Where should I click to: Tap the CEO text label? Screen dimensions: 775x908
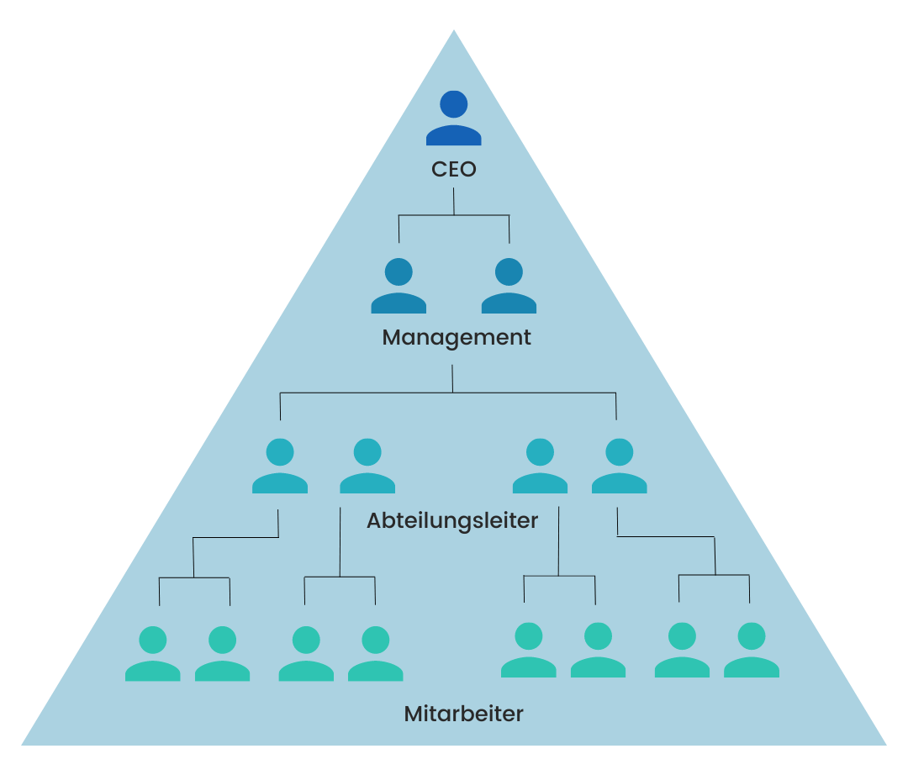pyautogui.click(x=454, y=169)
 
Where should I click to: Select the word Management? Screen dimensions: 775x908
pyautogui.click(x=457, y=338)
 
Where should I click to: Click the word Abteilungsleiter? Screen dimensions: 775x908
pyautogui.click(x=452, y=520)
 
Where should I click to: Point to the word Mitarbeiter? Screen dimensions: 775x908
pyautogui.click(x=464, y=714)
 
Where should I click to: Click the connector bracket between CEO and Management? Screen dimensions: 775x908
pyautogui.click(x=454, y=216)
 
